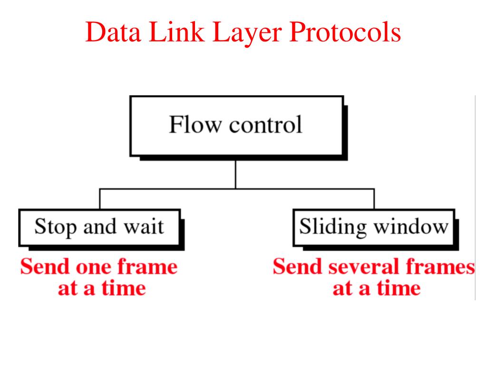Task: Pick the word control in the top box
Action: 265,125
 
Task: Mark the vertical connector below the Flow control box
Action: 235,174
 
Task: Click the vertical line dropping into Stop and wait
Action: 99,199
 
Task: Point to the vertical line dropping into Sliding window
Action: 374,199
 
